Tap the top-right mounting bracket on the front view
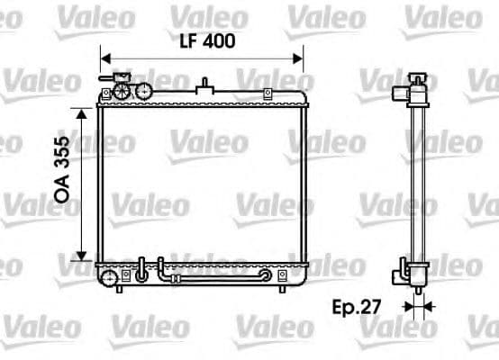267,94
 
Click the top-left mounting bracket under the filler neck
106,94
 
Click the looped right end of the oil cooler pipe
265,275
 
